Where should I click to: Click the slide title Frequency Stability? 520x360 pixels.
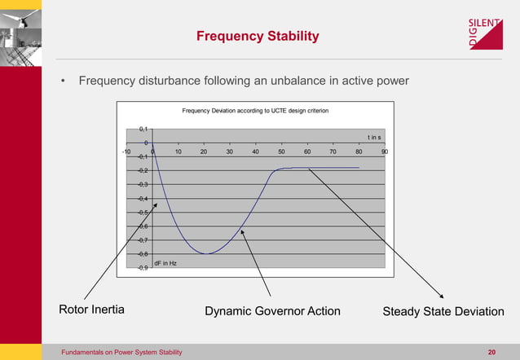258,37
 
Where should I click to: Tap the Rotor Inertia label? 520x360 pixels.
91,310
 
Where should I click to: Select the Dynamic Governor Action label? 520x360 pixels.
272,311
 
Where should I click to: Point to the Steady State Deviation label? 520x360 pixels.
443,311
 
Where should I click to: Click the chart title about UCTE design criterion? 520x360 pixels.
255,110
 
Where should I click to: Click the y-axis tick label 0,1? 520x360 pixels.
142,129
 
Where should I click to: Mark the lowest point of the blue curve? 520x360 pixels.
207,253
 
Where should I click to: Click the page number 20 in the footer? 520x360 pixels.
491,352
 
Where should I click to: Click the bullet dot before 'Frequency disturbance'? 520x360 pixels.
64,81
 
